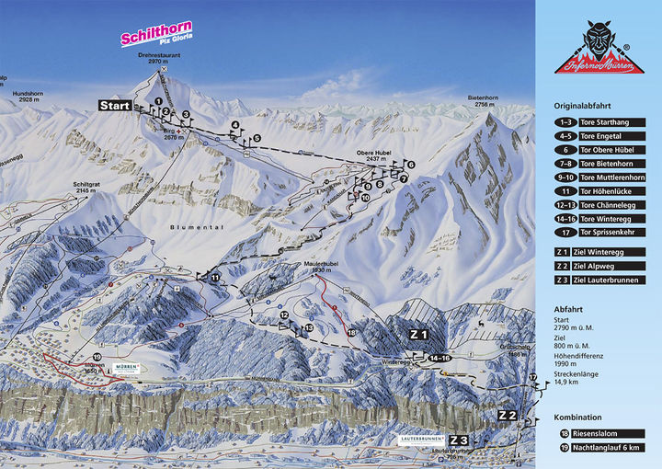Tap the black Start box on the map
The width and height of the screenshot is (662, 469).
point(116,106)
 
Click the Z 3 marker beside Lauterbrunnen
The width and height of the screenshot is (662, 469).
point(459,441)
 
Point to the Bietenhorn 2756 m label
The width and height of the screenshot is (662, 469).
point(486,99)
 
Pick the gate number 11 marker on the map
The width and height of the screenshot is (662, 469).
point(215,277)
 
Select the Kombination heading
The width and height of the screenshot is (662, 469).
point(578,417)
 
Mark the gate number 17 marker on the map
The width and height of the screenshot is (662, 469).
point(532,378)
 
